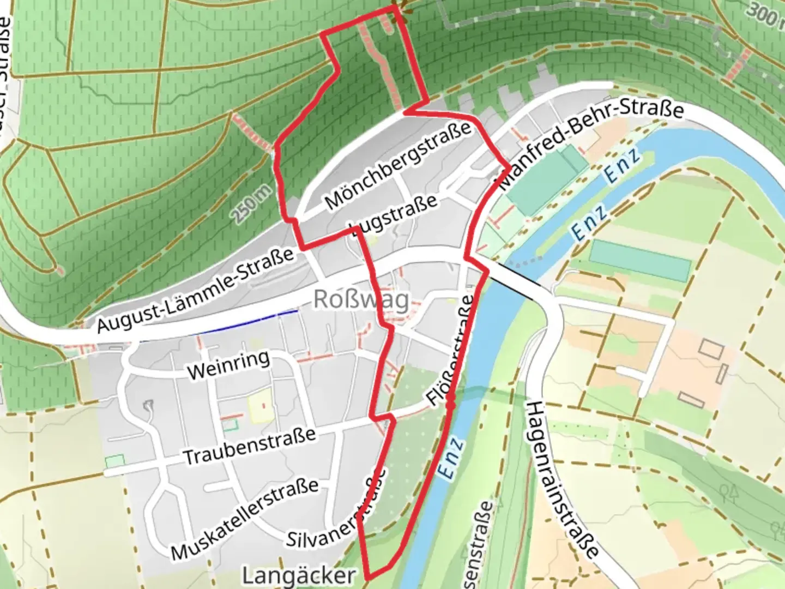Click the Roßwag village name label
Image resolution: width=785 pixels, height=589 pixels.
pos(361,300)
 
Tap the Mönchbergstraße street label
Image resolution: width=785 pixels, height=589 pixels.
pos(398,165)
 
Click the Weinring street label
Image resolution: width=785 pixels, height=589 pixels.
pos(228,365)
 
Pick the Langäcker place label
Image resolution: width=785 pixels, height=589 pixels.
pos(299,576)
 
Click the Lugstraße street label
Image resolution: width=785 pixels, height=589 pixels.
pos(394,215)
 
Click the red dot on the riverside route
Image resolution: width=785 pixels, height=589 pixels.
pos(450,405)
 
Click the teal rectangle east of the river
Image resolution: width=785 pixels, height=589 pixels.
pos(640,260)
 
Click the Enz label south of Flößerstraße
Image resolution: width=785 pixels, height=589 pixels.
pos(452,458)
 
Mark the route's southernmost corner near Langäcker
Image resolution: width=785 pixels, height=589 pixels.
pos(370,576)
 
